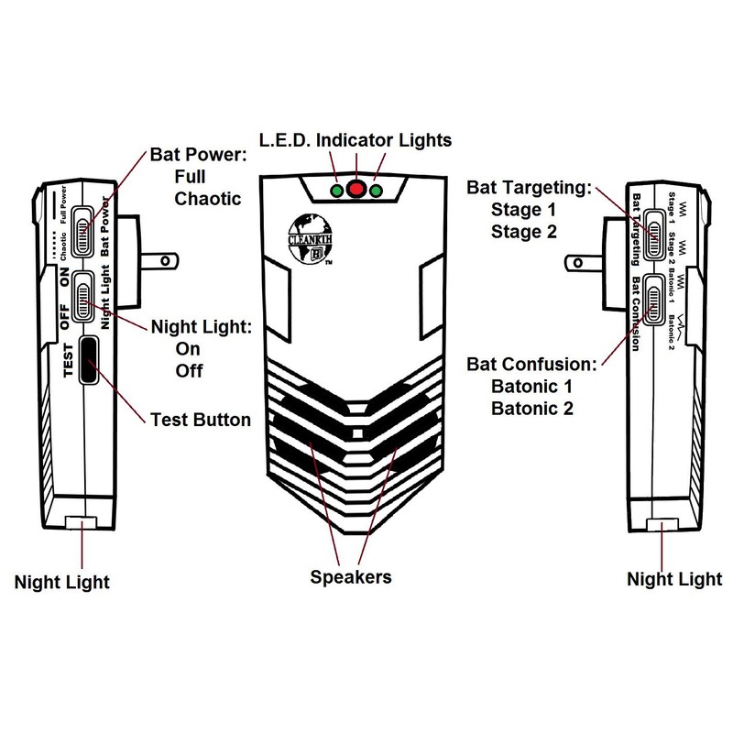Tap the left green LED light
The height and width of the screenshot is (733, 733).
(338, 191)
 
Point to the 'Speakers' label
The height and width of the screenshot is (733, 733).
(351, 577)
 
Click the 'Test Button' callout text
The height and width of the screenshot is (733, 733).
(200, 420)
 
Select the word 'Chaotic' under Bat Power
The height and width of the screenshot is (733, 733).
(207, 198)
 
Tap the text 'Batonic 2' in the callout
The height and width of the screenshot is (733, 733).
(532, 407)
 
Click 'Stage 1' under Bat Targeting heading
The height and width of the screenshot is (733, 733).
(524, 210)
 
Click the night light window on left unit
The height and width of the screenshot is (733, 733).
(82, 524)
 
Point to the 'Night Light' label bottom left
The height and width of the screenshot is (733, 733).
(62, 582)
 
